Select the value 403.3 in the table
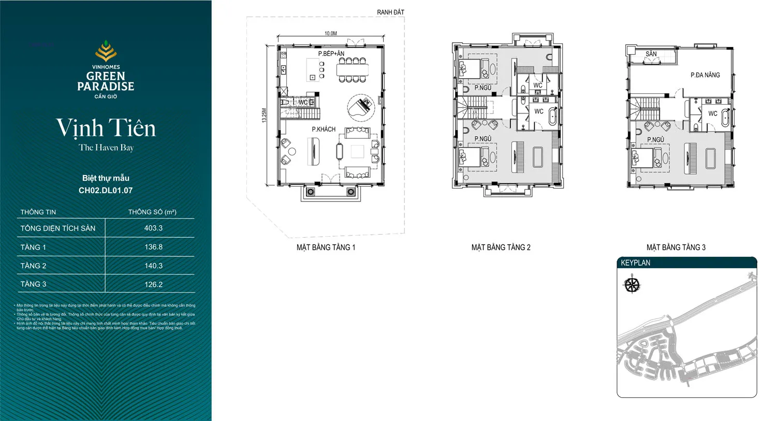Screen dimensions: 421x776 coord(153,228)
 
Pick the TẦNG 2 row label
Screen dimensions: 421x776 coord(33,266)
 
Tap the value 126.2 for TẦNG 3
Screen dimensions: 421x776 coord(153,284)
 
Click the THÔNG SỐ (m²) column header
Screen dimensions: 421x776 coord(152,212)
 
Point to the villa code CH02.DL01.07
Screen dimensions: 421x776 coord(106,191)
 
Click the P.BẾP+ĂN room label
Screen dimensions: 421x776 coord(331,53)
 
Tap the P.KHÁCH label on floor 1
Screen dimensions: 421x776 coord(324,129)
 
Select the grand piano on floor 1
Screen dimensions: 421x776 coord(361,107)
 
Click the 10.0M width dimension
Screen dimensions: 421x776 coord(330,34)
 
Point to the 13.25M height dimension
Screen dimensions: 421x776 coord(264,115)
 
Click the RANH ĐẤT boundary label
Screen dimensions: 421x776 coord(390,12)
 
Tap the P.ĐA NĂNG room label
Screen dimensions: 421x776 coord(705,75)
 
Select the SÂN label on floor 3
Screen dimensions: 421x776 coord(651,54)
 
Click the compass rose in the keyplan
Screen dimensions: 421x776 coord(632,285)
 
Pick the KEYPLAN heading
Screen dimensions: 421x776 coord(636,263)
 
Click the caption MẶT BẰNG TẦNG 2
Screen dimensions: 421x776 coord(501,248)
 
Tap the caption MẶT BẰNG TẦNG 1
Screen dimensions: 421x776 coord(326,248)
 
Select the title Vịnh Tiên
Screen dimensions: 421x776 coord(106,128)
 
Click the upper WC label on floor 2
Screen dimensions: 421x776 coord(538,85)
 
